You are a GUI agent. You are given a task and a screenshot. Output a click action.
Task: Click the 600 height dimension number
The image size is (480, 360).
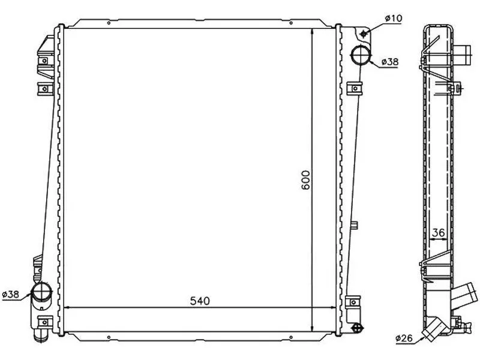coord(305,180)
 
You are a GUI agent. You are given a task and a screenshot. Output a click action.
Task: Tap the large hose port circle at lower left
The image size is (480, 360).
coord(43,294)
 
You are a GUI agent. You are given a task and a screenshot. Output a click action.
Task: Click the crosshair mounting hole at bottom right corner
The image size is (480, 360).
coord(358,327)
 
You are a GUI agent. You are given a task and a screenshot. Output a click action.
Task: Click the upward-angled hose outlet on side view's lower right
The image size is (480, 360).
coord(463,296)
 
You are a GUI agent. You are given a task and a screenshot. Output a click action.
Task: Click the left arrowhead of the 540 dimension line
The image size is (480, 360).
coord(65,308)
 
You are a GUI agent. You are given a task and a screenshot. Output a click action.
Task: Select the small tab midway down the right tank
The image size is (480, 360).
coord(354,226)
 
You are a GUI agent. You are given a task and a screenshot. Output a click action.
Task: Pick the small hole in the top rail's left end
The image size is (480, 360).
coord(108,24)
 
